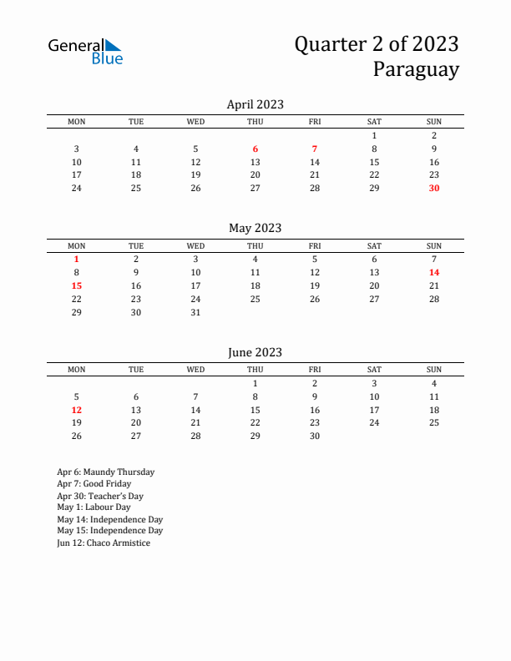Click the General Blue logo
85,51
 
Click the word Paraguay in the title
416,69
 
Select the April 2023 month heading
255,104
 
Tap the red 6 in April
255,149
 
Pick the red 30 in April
434,189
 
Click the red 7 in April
315,149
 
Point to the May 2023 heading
255,228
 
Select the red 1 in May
77,260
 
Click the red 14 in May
434,273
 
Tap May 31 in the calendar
195,313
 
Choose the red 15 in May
77,286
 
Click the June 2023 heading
255,352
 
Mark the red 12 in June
77,410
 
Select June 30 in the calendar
315,436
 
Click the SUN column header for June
434,369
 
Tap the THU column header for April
255,122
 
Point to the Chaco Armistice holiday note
104,542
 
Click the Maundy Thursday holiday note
105,472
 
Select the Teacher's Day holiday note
100,496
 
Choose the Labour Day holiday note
94,507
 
